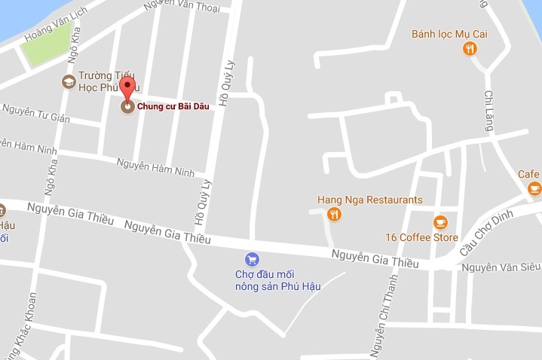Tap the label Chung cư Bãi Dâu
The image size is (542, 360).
[x=172, y=106]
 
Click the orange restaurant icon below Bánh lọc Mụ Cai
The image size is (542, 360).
[x=470, y=50]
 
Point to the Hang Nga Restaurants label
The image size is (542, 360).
[x=369, y=200]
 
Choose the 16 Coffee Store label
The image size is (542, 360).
[x=421, y=238]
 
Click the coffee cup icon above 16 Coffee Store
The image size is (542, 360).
[x=440, y=222]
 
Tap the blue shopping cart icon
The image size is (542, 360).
[x=253, y=258]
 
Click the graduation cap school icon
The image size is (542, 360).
[x=68, y=80]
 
